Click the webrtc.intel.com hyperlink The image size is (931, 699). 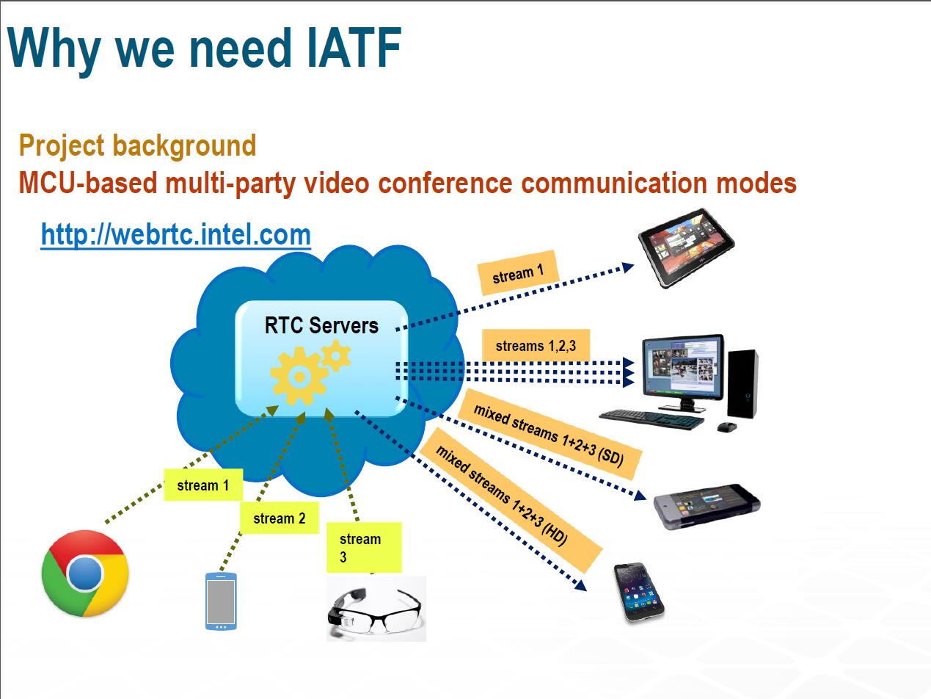click(175, 234)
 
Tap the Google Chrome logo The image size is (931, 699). click(85, 573)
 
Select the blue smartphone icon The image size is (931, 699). click(221, 601)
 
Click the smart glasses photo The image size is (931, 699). click(376, 608)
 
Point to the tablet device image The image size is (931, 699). click(686, 247)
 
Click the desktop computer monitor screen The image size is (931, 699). click(683, 367)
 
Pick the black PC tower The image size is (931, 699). click(742, 383)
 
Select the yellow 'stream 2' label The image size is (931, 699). click(279, 518)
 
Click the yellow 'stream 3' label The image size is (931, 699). click(364, 548)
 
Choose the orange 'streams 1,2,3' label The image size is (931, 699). click(536, 346)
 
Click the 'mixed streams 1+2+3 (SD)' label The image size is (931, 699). click(550, 434)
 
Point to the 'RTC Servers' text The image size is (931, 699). click(321, 325)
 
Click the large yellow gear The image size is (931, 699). click(299, 376)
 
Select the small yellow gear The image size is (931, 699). click(336, 355)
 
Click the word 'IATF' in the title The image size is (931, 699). click(354, 48)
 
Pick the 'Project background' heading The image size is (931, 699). click(137, 145)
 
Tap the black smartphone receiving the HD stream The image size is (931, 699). click(639, 592)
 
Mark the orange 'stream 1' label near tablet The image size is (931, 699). click(518, 273)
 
